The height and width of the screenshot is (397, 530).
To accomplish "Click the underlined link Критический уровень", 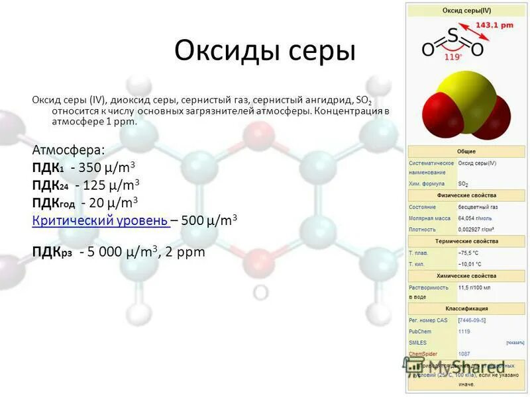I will [x=101, y=221].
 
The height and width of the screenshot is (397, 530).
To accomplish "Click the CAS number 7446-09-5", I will [x=472, y=320].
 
